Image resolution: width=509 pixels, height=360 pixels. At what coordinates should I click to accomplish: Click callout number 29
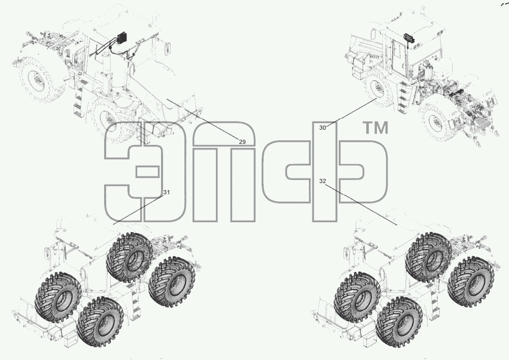pyautogui.click(x=242, y=142)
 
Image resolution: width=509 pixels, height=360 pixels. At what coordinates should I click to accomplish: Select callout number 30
pyautogui.click(x=323, y=128)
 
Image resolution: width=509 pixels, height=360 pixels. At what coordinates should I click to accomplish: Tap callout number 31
pyautogui.click(x=166, y=192)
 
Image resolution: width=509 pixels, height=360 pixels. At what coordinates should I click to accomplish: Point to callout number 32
pyautogui.click(x=323, y=182)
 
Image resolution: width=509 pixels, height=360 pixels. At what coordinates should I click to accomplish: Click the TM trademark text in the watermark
pyautogui.click(x=375, y=128)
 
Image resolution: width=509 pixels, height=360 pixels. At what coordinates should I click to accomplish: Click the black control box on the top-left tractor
pyautogui.click(x=123, y=38)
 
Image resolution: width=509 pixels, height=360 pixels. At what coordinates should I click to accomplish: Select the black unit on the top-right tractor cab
pyautogui.click(x=409, y=37)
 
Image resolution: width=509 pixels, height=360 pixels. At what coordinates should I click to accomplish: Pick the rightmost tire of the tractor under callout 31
pyautogui.click(x=172, y=281)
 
